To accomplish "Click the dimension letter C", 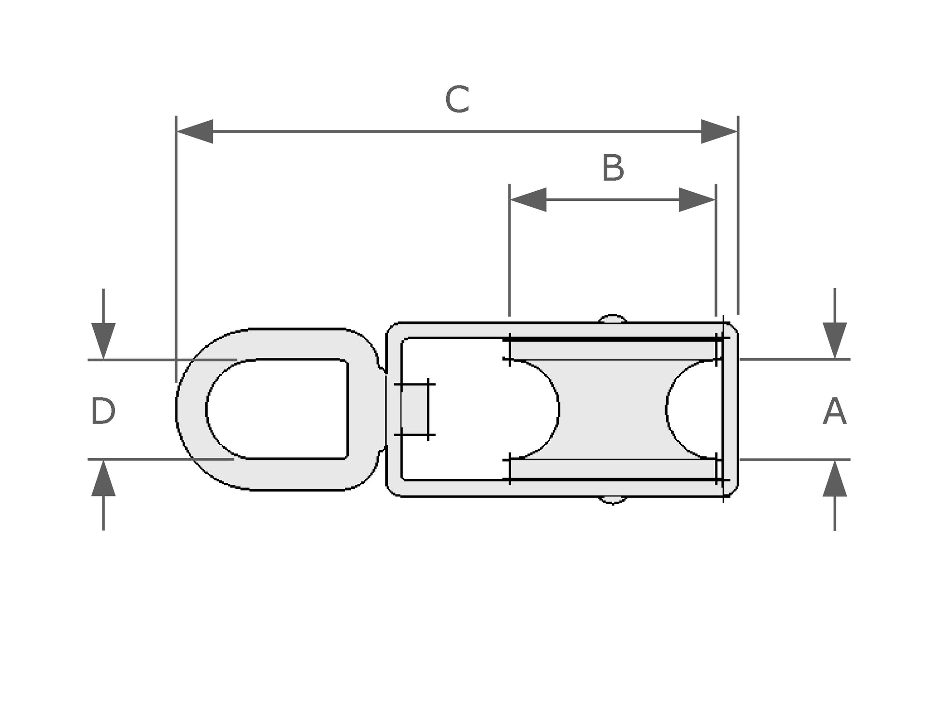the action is click(x=457, y=99).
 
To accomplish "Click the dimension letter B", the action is click(x=613, y=168).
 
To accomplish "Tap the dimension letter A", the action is click(x=835, y=411).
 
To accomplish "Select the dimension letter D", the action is click(x=103, y=411).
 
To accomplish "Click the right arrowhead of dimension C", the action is click(x=719, y=131).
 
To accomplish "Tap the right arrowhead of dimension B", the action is click(x=697, y=199).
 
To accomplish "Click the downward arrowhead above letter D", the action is click(x=103, y=341).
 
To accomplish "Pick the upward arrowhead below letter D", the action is click(x=103, y=478).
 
